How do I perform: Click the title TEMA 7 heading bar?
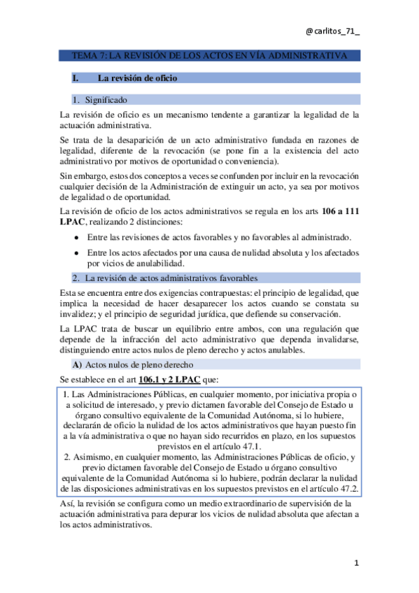click(x=209, y=55)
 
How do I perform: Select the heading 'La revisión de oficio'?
click(x=138, y=78)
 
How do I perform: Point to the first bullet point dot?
click(x=76, y=238)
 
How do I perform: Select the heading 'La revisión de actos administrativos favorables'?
click(x=171, y=278)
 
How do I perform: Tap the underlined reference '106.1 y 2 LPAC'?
click(x=169, y=380)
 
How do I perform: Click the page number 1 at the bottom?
click(x=356, y=564)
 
